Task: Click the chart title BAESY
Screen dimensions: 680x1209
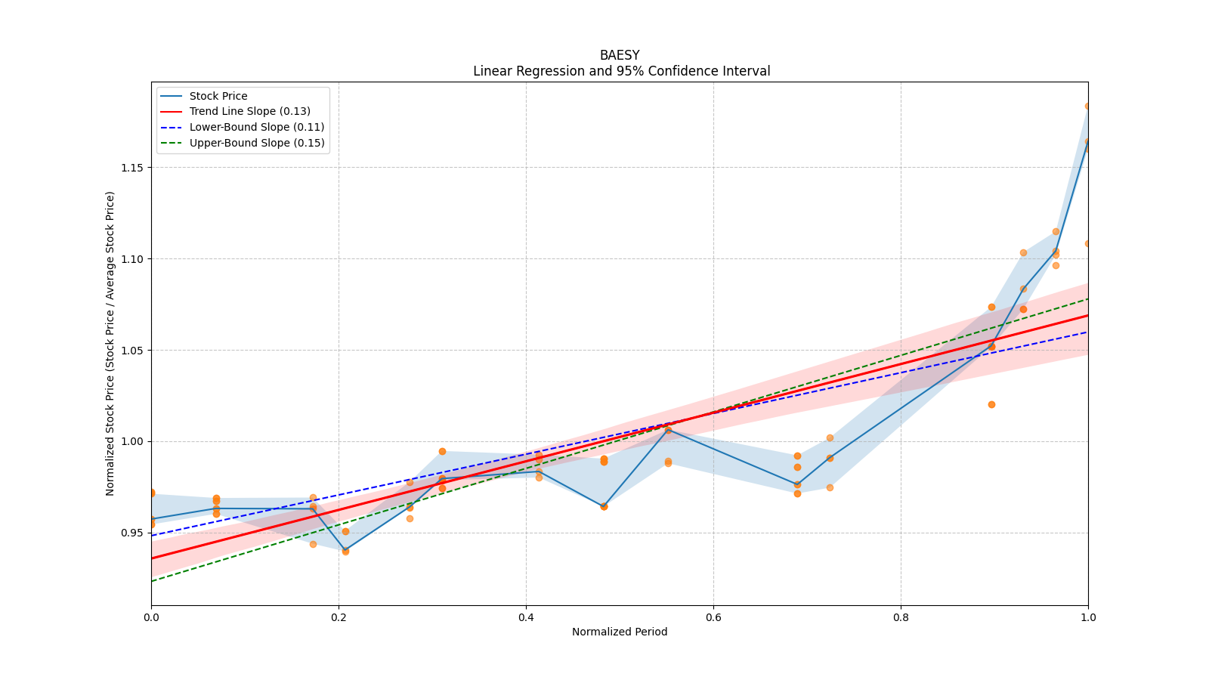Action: click(x=620, y=55)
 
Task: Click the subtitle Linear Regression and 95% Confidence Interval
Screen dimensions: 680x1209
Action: click(x=621, y=71)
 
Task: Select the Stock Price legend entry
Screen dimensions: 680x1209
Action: click(x=218, y=96)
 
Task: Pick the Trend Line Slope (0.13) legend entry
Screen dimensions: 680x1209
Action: click(x=249, y=112)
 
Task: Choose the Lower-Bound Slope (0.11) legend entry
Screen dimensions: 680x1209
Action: click(x=256, y=128)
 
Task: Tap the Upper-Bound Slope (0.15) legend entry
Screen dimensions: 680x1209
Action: click(x=257, y=144)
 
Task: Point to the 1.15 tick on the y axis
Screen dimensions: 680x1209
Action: click(x=132, y=168)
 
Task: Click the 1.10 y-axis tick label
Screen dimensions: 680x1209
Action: click(x=132, y=259)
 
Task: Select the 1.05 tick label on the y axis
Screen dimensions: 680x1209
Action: click(x=132, y=351)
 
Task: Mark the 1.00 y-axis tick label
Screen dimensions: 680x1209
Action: click(x=132, y=442)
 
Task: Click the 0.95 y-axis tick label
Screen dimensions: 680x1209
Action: click(x=132, y=533)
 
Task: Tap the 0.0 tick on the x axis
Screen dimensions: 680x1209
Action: click(x=151, y=617)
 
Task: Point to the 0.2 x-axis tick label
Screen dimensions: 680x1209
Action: click(x=339, y=617)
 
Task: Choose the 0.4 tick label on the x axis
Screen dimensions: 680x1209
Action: click(x=526, y=617)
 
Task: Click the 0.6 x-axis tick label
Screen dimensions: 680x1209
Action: click(x=713, y=617)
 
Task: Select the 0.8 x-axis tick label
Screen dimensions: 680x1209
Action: click(x=901, y=617)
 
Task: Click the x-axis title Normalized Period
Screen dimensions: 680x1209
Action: click(x=620, y=632)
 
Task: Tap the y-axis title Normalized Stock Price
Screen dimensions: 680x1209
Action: click(x=110, y=344)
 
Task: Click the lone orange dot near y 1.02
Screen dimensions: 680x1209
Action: click(x=991, y=404)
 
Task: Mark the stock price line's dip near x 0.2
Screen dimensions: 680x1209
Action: click(x=345, y=550)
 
